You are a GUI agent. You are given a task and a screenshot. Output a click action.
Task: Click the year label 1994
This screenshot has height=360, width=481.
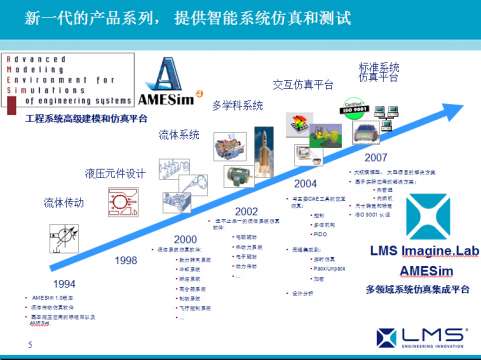coord(36,284)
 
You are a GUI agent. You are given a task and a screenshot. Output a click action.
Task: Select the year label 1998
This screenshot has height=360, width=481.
coord(126,260)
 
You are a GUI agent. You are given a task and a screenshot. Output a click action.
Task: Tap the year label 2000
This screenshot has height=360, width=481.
coord(186,239)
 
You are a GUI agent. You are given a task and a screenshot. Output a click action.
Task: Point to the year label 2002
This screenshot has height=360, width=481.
coord(246,211)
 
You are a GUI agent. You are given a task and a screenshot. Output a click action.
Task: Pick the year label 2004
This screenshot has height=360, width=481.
coord(305,184)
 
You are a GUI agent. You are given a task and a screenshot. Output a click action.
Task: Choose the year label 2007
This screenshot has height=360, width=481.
coord(376,157)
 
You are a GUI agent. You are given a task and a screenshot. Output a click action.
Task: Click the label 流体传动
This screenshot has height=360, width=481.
coord(64,203)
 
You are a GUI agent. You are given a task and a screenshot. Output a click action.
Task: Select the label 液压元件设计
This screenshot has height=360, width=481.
coord(114,174)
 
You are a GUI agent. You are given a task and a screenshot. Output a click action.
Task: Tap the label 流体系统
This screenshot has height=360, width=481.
coord(179,134)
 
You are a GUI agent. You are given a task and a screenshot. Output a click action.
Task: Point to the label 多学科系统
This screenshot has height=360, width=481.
coord(237,106)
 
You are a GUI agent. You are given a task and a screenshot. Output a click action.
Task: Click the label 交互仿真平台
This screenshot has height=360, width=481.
coord(302,85)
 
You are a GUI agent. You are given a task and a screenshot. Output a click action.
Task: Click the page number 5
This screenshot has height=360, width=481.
coord(30,345)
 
